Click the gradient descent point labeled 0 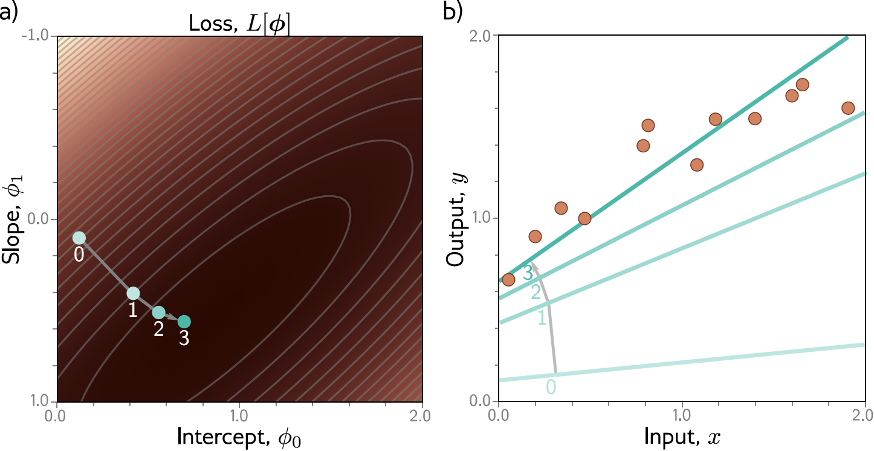point(79,238)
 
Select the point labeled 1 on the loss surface point(134,293)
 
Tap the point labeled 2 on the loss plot point(158,313)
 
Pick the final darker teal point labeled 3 point(184,322)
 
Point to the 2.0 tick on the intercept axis point(422,416)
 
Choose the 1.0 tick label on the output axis point(481,218)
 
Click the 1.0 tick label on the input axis point(682,416)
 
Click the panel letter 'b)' point(455,13)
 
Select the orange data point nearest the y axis point(508,279)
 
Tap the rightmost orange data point point(848,108)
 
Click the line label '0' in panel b point(551,386)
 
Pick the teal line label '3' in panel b point(528,274)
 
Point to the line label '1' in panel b point(542,317)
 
